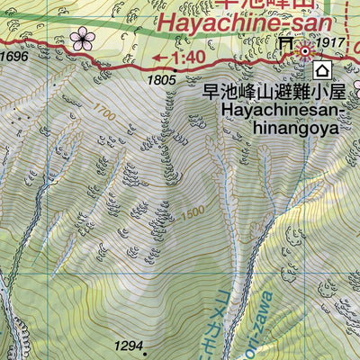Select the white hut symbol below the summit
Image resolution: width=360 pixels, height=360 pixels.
pyautogui.click(x=321, y=71)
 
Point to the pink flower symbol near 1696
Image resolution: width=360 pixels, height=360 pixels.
pyautogui.click(x=83, y=39)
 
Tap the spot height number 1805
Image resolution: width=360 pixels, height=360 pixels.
pyautogui.click(x=161, y=81)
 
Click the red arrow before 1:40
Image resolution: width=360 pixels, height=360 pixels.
pyautogui.click(x=159, y=58)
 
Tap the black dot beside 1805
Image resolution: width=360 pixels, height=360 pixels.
pyautogui.click(x=174, y=68)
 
